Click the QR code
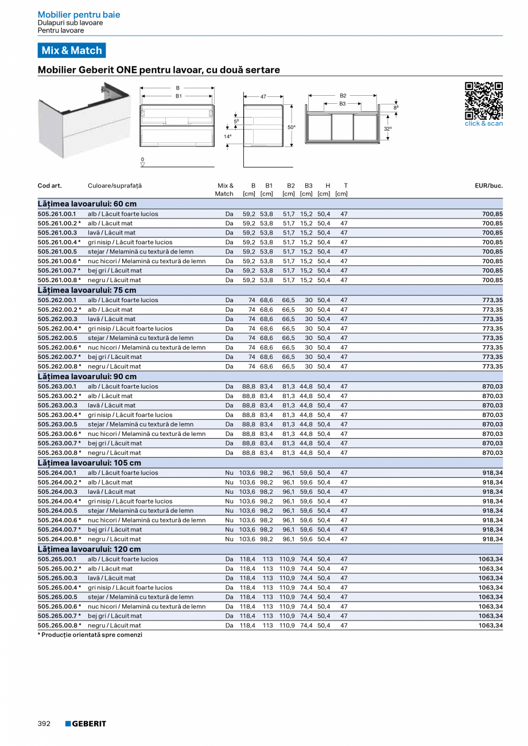pos(483,101)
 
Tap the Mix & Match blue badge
pos(72,50)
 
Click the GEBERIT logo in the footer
pos(86,724)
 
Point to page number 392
pos(44,724)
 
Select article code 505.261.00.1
pos(57,214)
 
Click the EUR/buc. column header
pos(488,186)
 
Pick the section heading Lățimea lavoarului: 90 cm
pos(87,377)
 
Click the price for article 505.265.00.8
pos(491,626)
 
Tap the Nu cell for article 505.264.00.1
pos(229,473)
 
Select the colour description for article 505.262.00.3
pos(112,319)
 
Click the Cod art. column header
pos(49,186)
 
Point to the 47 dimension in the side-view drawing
pos(263,97)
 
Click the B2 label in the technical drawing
pos(343,95)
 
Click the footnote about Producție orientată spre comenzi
pos(90,635)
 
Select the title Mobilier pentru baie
pos(79,14)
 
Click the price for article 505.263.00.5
pos(492,424)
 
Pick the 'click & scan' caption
pos(483,123)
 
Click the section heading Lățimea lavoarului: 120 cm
pos(89,549)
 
